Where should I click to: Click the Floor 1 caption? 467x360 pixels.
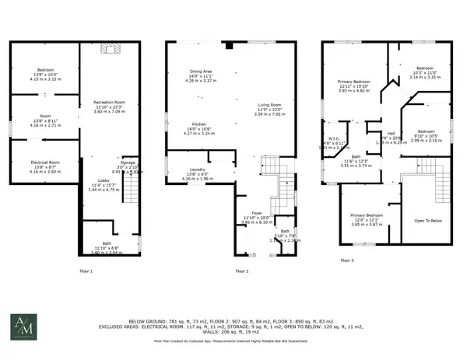point(86,271)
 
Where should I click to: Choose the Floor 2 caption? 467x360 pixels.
point(242,271)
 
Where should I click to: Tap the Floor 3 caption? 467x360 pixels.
point(346,260)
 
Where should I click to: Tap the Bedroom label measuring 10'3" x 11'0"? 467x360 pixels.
point(425,68)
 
